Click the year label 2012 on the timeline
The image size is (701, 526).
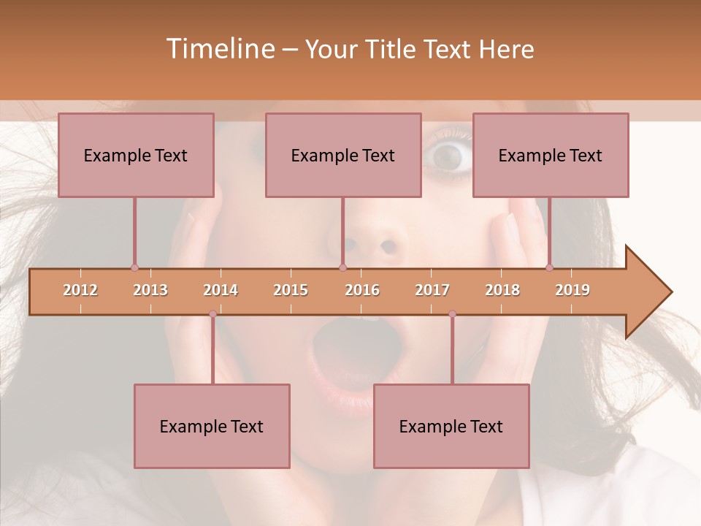(x=80, y=290)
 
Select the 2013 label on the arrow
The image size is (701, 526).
(x=150, y=290)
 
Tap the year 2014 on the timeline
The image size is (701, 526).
(x=221, y=290)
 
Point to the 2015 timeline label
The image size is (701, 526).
(x=291, y=290)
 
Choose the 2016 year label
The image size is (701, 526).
(x=362, y=290)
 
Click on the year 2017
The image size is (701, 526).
(x=432, y=290)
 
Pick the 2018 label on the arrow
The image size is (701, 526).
(x=502, y=290)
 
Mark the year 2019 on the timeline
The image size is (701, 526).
(x=572, y=290)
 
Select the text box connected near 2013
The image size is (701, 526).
(x=136, y=155)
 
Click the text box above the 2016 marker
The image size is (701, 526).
(x=343, y=155)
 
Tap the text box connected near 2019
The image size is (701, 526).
(x=551, y=155)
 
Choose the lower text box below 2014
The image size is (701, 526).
(x=212, y=426)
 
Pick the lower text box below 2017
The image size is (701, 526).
(x=451, y=426)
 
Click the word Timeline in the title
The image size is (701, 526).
(x=219, y=49)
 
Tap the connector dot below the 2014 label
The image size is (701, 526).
(x=212, y=314)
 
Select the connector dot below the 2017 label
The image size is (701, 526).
(x=452, y=314)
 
